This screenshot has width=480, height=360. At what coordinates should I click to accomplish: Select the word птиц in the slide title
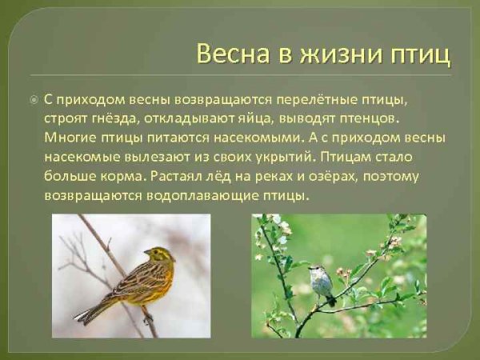[x=418, y=54]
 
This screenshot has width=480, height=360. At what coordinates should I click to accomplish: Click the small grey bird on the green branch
[x=323, y=283]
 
